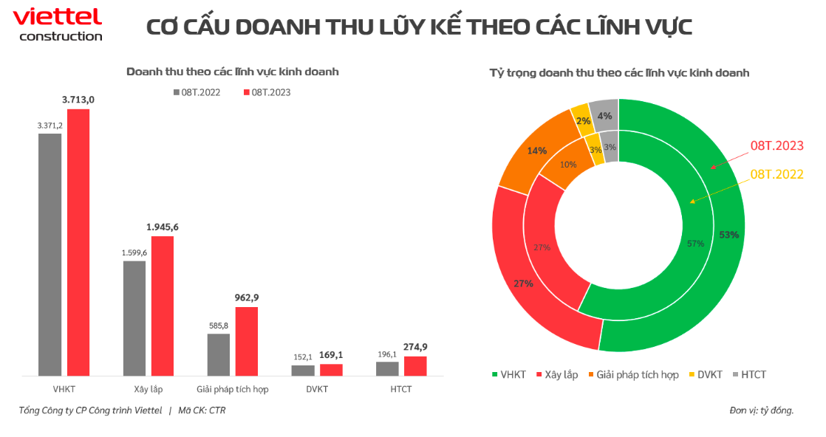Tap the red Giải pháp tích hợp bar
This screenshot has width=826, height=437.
click(247, 341)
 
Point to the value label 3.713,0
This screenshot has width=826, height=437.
click(78, 100)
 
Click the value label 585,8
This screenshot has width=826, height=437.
click(219, 325)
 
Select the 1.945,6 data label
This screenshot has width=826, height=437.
click(162, 227)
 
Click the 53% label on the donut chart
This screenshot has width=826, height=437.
click(728, 234)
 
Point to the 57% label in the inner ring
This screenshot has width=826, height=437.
click(694, 243)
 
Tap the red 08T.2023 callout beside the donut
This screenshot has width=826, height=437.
click(776, 146)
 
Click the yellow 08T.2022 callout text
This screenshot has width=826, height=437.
click(776, 174)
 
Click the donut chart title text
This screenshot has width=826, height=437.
click(619, 72)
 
